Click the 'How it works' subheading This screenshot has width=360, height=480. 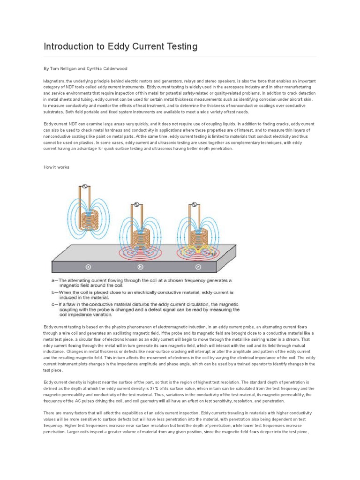tap(56, 167)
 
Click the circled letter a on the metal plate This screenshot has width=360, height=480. tap(88, 267)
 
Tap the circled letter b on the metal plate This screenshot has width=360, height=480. tap(140, 267)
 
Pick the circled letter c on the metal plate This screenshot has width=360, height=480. tap(198, 267)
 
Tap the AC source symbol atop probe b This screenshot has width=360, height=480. tap(136, 205)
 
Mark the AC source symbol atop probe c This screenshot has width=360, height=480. tap(193, 205)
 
